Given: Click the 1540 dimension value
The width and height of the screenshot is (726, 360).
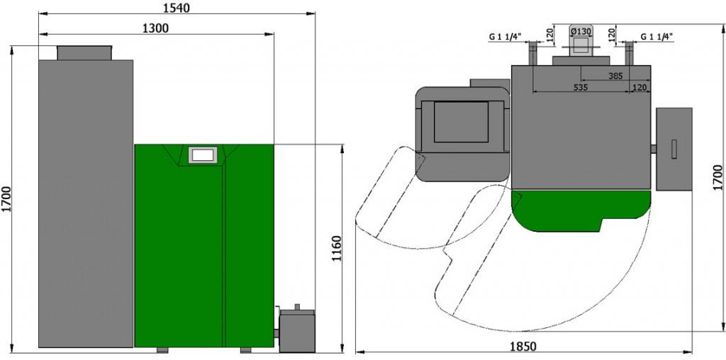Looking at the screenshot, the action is [177, 8].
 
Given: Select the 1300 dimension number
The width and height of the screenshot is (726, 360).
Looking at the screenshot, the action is [155, 28].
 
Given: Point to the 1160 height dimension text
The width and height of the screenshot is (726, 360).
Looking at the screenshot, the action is [337, 249].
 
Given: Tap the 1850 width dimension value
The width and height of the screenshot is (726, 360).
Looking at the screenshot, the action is [523, 346].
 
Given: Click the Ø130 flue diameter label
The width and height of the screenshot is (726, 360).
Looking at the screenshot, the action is [581, 31].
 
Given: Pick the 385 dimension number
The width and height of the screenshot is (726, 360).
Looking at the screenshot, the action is [615, 76].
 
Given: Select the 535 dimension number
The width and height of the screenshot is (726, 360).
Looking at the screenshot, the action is [580, 87].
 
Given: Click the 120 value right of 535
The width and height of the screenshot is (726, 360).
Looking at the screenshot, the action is [640, 87].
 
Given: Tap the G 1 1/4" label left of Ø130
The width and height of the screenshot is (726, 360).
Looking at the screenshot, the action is [505, 36].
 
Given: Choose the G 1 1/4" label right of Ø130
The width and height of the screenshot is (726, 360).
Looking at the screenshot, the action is [657, 36].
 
